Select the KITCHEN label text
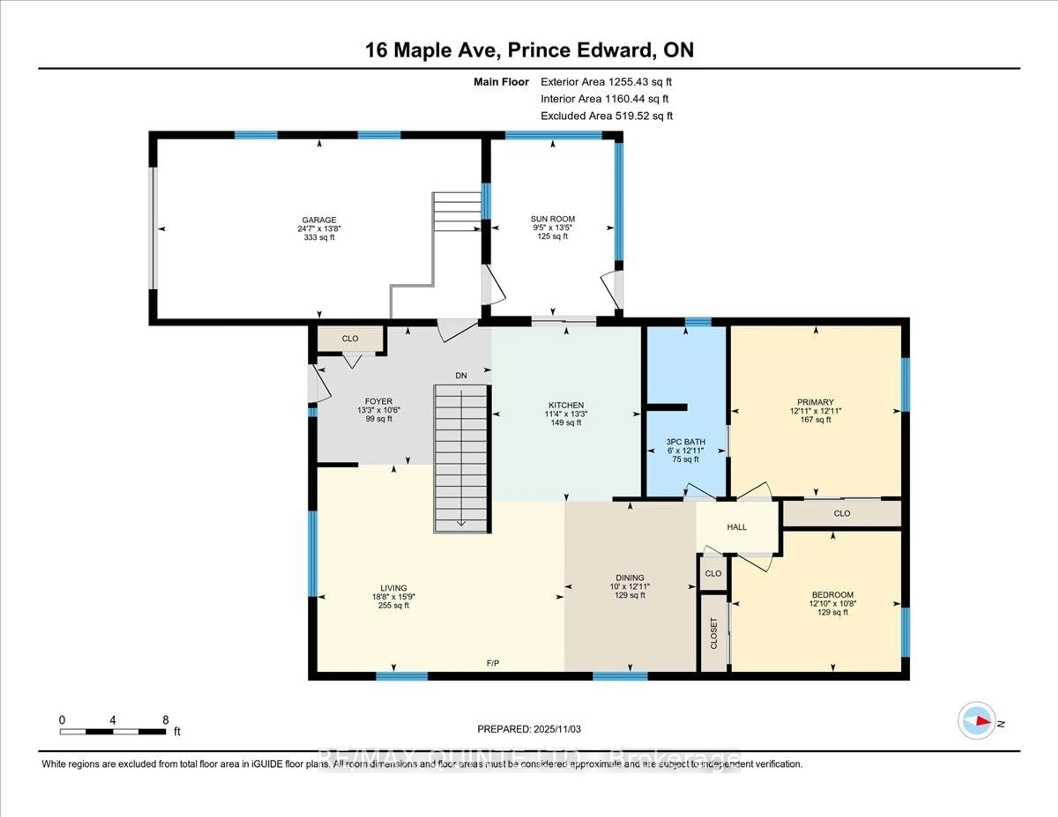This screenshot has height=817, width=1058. [566, 405]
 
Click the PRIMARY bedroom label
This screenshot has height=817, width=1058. [815, 402]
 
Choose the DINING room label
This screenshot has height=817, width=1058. [630, 577]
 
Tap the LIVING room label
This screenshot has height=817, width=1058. [393, 588]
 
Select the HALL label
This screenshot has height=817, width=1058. [736, 527]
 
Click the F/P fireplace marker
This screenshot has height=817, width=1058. [493, 663]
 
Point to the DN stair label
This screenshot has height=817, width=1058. [461, 375]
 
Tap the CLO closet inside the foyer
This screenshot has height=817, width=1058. [350, 339]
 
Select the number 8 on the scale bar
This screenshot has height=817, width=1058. [165, 720]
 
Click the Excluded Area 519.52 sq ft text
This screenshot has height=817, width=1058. [606, 116]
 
